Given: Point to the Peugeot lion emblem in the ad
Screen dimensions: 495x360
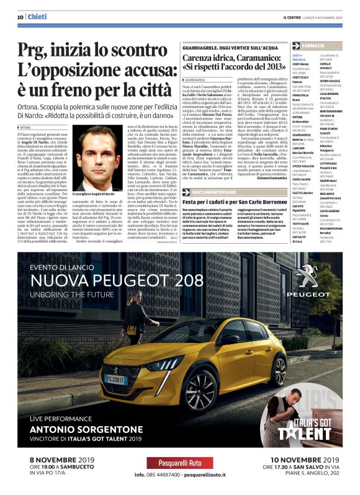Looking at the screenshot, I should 311,277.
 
